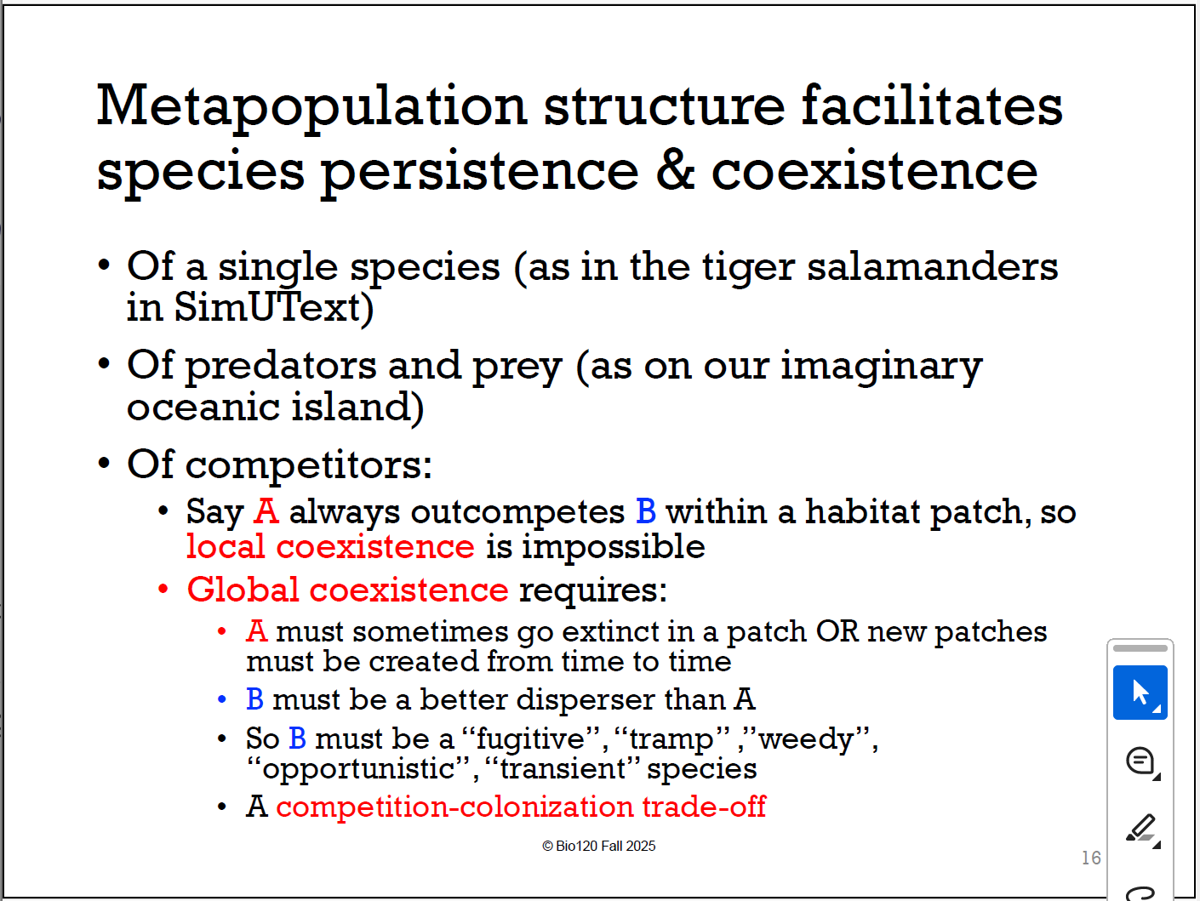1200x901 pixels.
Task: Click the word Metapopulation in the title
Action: (311, 106)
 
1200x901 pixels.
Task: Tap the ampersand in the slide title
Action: (675, 169)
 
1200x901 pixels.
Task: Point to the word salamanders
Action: (932, 266)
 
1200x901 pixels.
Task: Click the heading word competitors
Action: (308, 465)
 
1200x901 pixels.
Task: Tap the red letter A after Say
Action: (266, 511)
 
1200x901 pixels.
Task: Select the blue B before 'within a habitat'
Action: (646, 511)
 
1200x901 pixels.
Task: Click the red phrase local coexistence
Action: (330, 546)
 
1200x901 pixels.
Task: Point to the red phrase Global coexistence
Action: (347, 590)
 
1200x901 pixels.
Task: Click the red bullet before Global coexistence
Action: (163, 590)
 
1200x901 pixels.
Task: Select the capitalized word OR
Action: (837, 631)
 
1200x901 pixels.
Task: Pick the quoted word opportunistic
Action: (358, 768)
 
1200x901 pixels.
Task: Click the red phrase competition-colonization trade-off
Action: (521, 807)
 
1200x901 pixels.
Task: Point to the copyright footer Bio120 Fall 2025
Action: (599, 846)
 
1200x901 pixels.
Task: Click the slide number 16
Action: (1091, 858)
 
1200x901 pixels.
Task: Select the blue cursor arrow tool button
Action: (1140, 693)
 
